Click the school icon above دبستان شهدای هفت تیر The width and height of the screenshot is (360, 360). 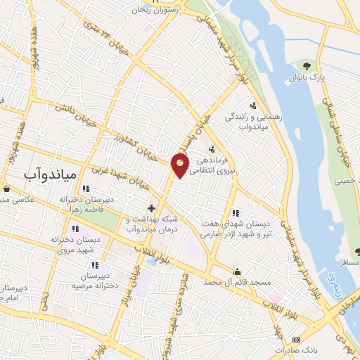pyautogui.click(x=236, y=213)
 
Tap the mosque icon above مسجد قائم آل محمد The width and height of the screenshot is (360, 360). pyautogui.click(x=238, y=271)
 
